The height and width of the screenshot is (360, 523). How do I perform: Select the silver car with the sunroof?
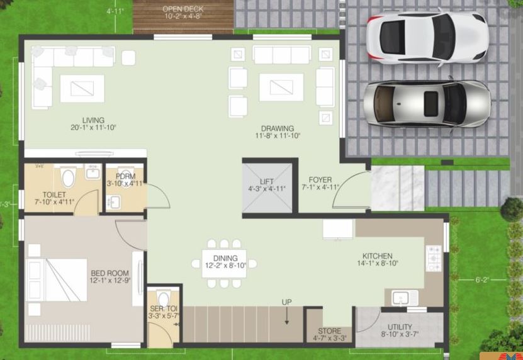pos(427,103)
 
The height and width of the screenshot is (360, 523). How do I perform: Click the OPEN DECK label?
pos(183,8)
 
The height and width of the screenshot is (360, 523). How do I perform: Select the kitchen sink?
pos(402,297)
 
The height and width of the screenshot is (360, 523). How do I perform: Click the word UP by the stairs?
pos(287,302)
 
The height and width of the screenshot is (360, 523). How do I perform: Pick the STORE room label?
pos(329,331)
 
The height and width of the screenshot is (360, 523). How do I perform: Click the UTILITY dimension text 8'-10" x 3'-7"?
pos(400,335)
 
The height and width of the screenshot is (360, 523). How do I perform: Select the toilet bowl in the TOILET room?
pos(67,177)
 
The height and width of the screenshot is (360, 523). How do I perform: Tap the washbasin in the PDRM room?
pos(115,202)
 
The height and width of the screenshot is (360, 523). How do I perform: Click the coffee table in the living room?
pos(82,88)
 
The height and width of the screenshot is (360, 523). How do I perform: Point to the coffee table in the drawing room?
pos(281,87)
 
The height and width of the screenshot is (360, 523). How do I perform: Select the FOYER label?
pos(320,180)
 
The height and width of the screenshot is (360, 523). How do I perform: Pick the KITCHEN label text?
pos(377,256)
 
